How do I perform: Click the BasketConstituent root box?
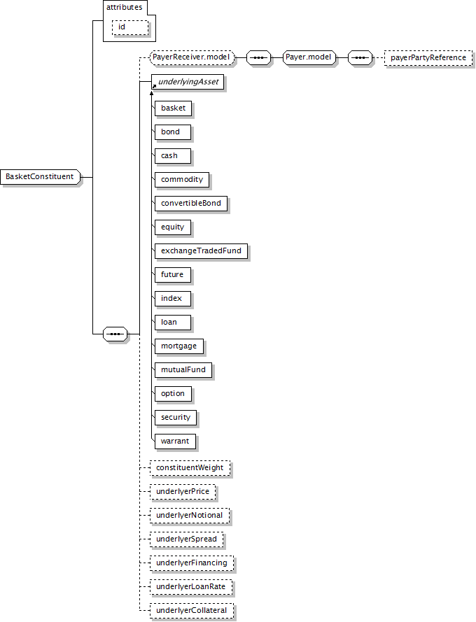pos(40,176)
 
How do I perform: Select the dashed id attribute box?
pos(130,27)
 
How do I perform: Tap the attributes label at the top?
pos(125,7)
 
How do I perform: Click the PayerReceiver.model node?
pos(192,57)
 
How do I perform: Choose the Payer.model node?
pos(309,57)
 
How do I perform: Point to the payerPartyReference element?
pos(428,57)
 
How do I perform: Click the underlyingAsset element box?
pos(188,82)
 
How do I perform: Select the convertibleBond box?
pos(191,203)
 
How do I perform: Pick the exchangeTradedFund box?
pos(201,250)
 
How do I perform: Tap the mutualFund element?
pos(183,369)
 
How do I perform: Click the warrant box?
pos(175,441)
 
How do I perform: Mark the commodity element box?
pos(182,179)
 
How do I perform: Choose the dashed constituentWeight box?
pos(190,467)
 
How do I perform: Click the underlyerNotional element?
pos(190,515)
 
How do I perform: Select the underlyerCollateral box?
pos(192,611)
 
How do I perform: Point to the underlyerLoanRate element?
pos(191,587)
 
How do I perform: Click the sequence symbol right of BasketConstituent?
pos(115,334)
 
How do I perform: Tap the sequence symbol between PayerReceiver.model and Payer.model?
pos(258,57)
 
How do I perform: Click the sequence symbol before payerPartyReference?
pos(360,57)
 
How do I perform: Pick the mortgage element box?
pos(178,346)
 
